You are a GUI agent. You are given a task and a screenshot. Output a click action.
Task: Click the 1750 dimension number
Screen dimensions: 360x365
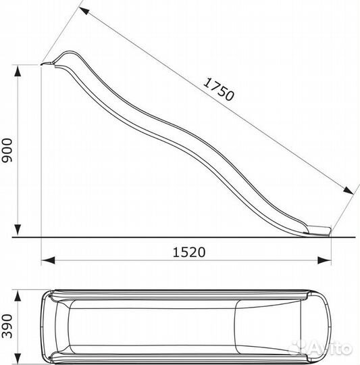[219, 90]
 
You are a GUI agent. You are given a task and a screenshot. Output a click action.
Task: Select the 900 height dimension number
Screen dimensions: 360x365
[7, 150]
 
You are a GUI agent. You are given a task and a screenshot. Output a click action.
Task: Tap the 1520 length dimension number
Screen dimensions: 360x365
[189, 252]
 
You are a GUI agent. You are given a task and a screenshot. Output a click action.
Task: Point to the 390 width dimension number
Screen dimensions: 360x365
[7, 326]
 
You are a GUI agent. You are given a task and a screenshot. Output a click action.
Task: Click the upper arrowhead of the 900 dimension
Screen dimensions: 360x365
[18, 71]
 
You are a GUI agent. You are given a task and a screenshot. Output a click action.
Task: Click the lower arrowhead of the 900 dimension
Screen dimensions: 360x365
[18, 230]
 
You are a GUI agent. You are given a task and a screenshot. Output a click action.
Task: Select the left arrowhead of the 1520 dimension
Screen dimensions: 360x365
[48, 260]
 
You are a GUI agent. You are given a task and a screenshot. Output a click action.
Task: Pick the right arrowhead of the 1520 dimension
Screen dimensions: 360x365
[324, 260]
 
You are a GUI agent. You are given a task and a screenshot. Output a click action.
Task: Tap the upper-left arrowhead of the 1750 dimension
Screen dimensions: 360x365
[84, 11]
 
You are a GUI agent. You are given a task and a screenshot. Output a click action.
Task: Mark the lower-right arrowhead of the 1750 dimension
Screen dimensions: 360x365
[349, 190]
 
